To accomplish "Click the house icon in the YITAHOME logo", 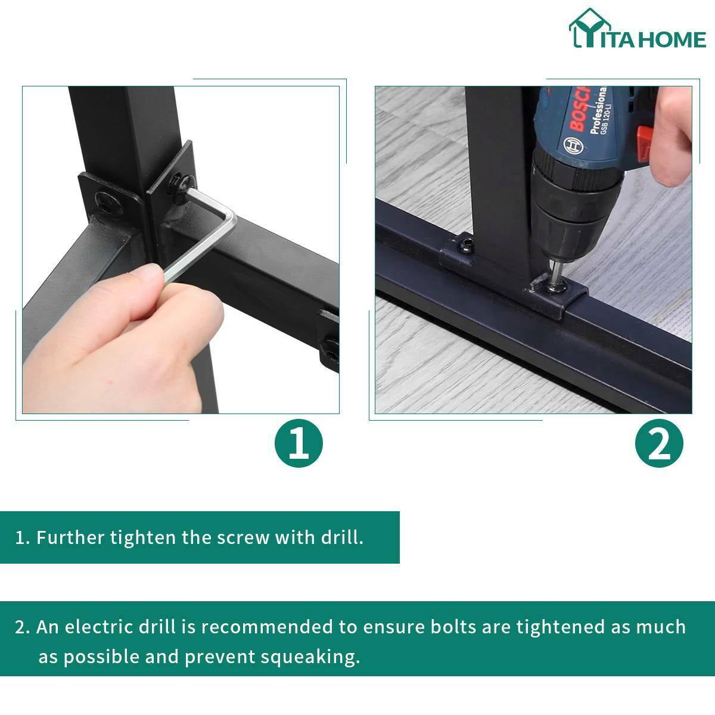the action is (x=590, y=28).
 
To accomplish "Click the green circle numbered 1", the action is (x=299, y=443).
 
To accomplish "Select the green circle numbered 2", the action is (x=659, y=443).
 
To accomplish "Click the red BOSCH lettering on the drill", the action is (x=579, y=110).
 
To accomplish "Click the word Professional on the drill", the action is (x=598, y=111).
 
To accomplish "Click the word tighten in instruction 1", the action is (x=143, y=537).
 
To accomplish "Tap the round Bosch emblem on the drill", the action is (x=573, y=145).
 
